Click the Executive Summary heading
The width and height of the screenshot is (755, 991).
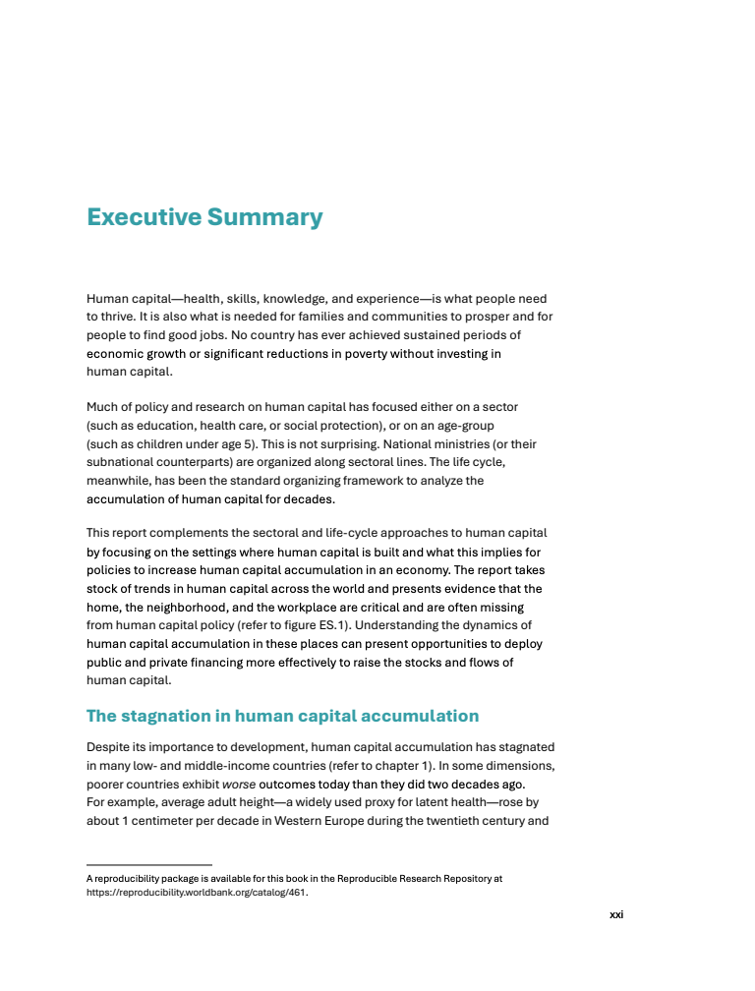click(204, 217)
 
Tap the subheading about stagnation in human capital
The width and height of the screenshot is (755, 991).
click(282, 716)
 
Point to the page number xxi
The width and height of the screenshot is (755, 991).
click(616, 914)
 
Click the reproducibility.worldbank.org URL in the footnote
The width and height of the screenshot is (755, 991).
click(197, 894)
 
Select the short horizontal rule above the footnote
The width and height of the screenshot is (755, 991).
click(149, 865)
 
